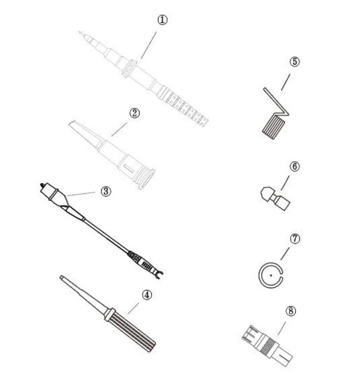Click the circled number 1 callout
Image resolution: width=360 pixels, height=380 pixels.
pos(162,20)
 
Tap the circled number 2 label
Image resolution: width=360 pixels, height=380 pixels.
pos(135,113)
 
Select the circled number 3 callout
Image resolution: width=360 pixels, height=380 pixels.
pos(106,192)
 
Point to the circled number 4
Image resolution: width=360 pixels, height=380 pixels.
pos(147,295)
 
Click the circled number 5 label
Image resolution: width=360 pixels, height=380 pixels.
pos(294,62)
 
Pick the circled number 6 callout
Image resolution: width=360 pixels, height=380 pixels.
pos(295,166)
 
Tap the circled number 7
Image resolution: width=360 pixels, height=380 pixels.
pos(295,239)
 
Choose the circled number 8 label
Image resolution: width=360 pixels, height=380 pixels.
pos(291,311)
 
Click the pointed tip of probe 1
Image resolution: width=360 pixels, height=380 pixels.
pos(79,32)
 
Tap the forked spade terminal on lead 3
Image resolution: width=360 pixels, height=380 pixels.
pos(158,274)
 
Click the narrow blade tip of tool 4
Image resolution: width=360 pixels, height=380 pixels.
pos(61,277)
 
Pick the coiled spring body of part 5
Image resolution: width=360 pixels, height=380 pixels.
pos(274,126)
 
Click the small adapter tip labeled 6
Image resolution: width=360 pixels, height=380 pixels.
pos(275,198)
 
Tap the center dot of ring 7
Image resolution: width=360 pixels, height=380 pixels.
pos(271,275)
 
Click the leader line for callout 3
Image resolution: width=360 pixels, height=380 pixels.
pos(81,194)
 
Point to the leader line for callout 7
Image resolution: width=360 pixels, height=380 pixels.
pos(285,254)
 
